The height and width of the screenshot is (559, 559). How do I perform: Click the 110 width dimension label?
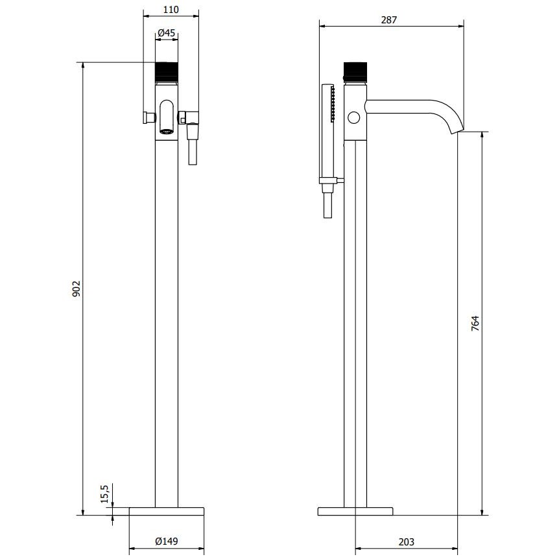171,10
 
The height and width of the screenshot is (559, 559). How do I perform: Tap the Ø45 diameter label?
167,33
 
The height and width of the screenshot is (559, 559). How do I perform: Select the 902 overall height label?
77,289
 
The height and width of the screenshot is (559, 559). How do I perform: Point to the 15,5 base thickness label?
104,494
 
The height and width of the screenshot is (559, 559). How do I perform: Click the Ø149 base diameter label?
167,541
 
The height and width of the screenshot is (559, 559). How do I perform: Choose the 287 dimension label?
388,20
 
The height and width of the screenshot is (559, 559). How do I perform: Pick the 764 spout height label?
475,324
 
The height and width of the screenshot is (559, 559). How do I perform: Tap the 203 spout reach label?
407,542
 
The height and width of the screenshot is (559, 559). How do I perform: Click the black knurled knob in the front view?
167,72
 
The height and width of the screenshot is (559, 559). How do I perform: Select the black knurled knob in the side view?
355,72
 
